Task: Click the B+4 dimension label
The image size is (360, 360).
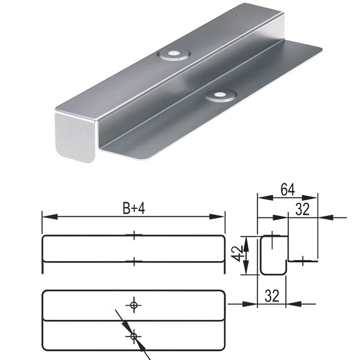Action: pyautogui.click(x=134, y=209)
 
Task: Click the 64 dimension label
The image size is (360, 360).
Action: pyautogui.click(x=287, y=190)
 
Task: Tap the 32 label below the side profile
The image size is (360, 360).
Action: pyautogui.click(x=272, y=296)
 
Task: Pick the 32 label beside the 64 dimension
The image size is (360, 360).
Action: pyautogui.click(x=302, y=209)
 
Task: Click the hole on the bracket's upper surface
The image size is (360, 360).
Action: pyautogui.click(x=174, y=54)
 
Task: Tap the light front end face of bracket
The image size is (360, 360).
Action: pyautogui.click(x=75, y=137)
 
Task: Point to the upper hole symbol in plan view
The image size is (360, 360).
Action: pyautogui.click(x=134, y=305)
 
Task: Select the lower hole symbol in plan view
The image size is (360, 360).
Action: pyautogui.click(x=134, y=336)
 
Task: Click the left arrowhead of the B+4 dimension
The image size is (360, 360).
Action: pyautogui.click(x=50, y=217)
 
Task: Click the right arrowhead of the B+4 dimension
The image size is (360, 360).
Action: pyautogui.click(x=217, y=217)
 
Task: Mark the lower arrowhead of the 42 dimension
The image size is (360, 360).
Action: pyautogui.click(x=246, y=267)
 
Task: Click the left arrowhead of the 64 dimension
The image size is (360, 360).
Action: pyautogui.click(x=265, y=197)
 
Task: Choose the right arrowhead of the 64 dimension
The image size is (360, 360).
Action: pyautogui.click(x=310, y=197)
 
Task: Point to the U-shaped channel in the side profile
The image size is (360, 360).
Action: pyautogui.click(x=261, y=255)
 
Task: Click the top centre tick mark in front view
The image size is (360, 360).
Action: pyautogui.click(x=134, y=235)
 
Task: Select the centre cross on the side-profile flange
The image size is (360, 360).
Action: pyautogui.click(x=302, y=261)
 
